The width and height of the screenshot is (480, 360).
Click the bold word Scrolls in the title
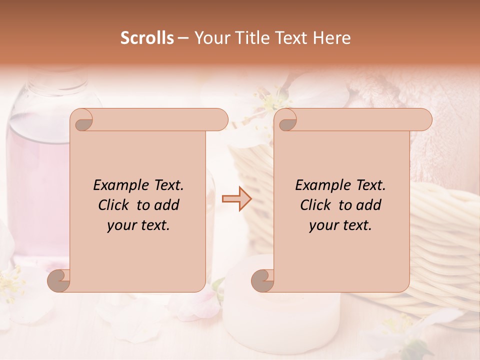(147, 38)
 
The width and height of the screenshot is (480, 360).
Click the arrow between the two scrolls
(237, 199)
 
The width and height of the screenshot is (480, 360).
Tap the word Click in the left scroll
(115, 205)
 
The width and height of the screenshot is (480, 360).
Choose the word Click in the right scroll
(317, 205)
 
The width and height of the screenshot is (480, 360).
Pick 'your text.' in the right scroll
(340, 225)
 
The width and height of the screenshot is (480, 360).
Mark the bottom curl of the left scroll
(59, 280)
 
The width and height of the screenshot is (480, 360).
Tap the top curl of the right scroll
(286, 120)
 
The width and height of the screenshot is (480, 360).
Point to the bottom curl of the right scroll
(262, 280)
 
